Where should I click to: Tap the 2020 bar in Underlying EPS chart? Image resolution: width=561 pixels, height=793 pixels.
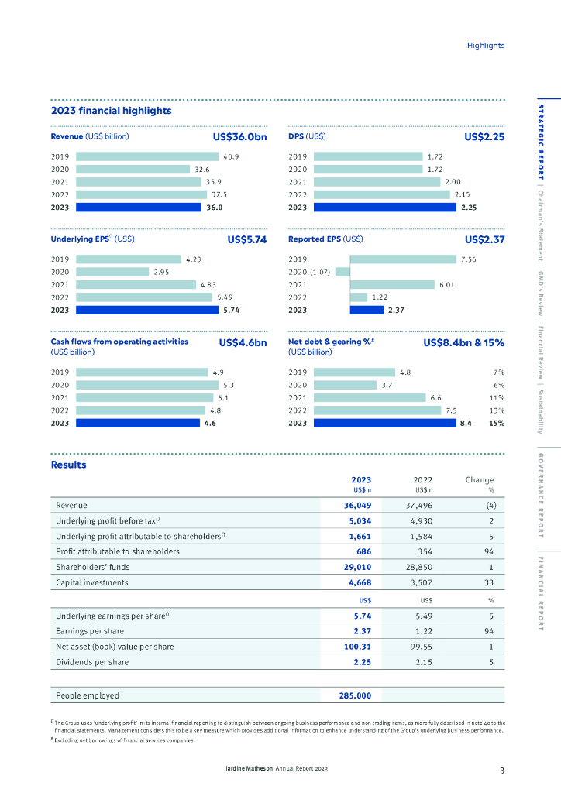[113, 272]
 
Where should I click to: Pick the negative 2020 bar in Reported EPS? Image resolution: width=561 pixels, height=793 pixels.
[342, 272]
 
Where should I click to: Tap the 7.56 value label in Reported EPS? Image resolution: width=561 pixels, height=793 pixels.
[468, 259]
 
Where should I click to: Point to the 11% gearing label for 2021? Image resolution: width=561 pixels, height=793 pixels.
[497, 398]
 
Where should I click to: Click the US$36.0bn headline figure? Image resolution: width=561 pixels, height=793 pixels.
[239, 137]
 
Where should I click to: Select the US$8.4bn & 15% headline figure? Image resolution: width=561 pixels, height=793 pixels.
[463, 342]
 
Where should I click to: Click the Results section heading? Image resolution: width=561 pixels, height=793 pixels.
[68, 465]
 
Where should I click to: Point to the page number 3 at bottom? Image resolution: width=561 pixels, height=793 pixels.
[502, 770]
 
